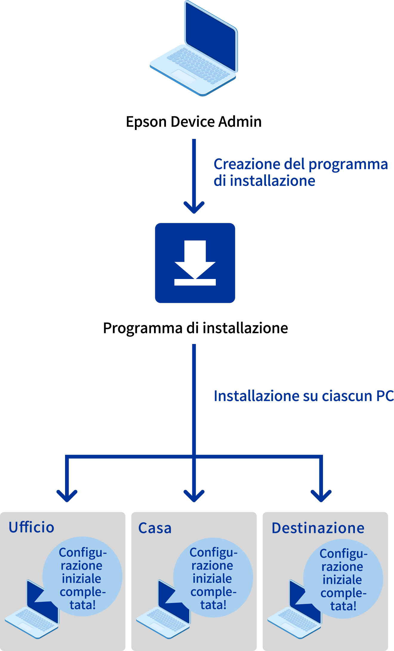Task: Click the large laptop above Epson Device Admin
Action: click(194, 51)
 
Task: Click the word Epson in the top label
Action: click(146, 122)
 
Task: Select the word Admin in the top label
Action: click(240, 122)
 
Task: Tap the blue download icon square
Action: click(195, 263)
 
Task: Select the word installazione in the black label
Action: click(245, 328)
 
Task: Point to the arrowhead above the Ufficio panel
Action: click(67, 495)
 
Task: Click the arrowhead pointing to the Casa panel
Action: click(194, 495)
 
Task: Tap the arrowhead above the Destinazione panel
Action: click(321, 495)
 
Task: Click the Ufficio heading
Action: click(31, 527)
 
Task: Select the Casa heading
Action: click(155, 528)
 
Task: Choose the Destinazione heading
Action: click(318, 528)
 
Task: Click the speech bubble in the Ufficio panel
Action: click(83, 577)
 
